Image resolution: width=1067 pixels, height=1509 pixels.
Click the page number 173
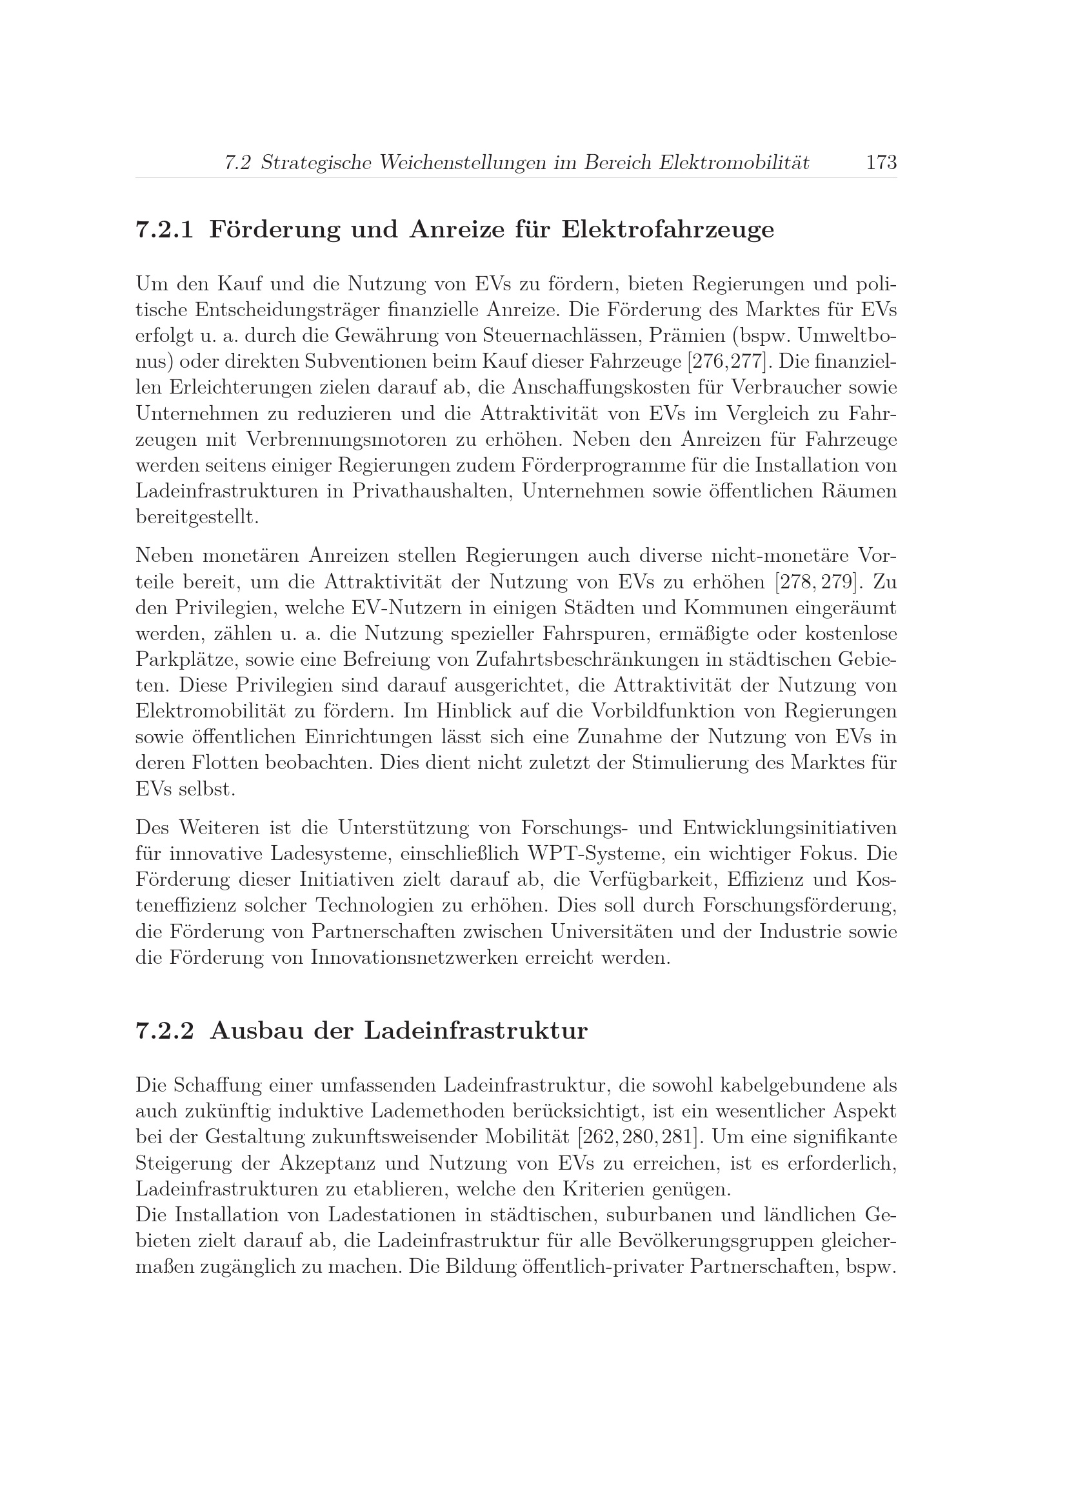point(881,163)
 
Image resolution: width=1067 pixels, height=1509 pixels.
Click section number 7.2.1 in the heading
point(165,230)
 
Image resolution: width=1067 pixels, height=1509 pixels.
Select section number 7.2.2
point(165,1030)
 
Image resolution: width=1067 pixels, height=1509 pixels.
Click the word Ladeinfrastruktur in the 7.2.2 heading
point(475,1030)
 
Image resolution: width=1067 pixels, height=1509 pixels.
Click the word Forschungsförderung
point(799,906)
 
